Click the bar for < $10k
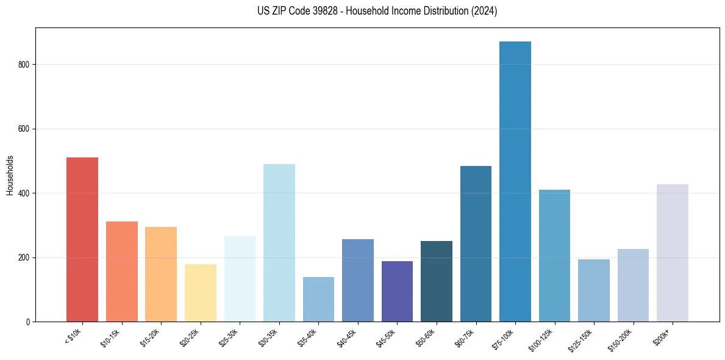pos(82,239)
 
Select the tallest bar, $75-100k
pos(515,181)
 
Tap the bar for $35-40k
pos(318,299)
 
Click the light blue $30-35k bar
pos(279,243)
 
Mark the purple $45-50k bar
pos(397,291)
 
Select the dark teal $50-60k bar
pos(436,281)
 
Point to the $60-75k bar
pos(476,243)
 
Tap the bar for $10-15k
pos(121,272)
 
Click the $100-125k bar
pos(554,256)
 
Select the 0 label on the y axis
pos(28,322)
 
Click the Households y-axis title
pos(10,175)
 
